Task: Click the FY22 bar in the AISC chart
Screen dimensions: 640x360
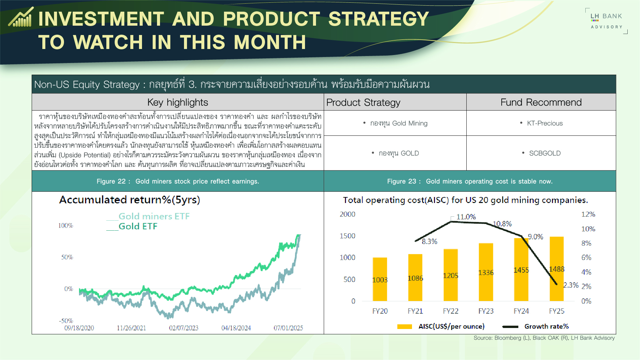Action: pyautogui.click(x=450, y=275)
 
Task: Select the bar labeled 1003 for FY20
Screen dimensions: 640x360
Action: pyautogui.click(x=380, y=279)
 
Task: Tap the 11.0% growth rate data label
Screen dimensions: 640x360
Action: pyautogui.click(x=466, y=217)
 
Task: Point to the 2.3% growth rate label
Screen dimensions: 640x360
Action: pyautogui.click(x=571, y=285)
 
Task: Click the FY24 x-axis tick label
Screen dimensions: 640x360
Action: pyautogui.click(x=521, y=311)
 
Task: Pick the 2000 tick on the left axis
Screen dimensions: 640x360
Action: pyautogui.click(x=347, y=214)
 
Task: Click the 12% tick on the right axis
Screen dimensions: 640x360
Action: pyautogui.click(x=588, y=214)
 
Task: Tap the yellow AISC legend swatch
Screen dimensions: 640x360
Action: pyautogui.click(x=405, y=327)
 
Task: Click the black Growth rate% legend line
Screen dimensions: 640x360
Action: pyautogui.click(x=510, y=327)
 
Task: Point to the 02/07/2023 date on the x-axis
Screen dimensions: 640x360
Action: pyautogui.click(x=184, y=328)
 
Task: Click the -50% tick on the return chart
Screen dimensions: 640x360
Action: pyautogui.click(x=66, y=321)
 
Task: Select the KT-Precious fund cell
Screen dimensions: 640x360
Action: pyautogui.click(x=545, y=123)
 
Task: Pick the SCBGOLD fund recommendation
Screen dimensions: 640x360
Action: pyautogui.click(x=545, y=153)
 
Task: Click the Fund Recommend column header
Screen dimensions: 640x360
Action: pyautogui.click(x=541, y=102)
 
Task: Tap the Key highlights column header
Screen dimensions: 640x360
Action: pyautogui.click(x=178, y=102)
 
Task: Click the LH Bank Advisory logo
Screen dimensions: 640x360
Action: pyautogui.click(x=606, y=21)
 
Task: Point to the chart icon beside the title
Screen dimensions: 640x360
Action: pyautogui.click(x=21, y=17)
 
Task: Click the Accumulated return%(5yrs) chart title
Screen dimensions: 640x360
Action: pyautogui.click(x=130, y=200)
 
